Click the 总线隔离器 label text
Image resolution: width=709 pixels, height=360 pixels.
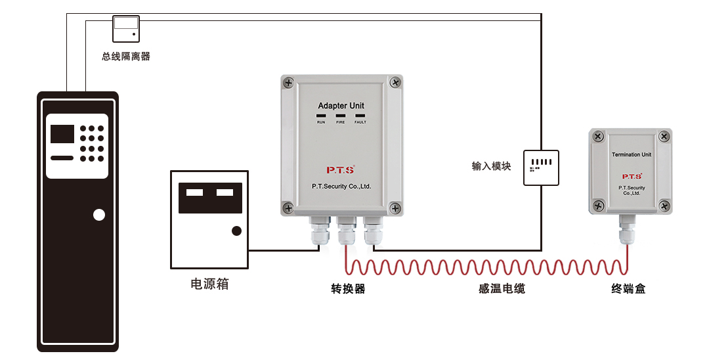tap(126, 56)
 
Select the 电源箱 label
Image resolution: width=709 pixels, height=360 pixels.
tap(209, 284)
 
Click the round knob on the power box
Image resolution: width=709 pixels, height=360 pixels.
tap(236, 231)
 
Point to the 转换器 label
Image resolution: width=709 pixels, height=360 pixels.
tap(348, 288)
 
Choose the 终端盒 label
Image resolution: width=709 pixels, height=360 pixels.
tap(628, 288)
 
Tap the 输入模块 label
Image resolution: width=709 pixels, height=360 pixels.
tap(491, 166)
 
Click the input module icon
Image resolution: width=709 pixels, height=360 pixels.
tap(541, 167)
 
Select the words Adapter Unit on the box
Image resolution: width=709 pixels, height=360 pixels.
tap(341, 106)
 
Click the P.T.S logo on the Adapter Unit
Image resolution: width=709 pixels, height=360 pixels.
tap(341, 169)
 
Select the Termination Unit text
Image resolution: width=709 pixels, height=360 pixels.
tap(632, 155)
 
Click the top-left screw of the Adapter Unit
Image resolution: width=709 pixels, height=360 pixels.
tap(289, 83)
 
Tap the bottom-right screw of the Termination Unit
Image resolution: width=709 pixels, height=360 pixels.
tap(664, 206)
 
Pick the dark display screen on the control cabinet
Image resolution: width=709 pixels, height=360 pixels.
tap(62, 134)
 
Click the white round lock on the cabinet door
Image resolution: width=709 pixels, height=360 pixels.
tap(99, 215)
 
